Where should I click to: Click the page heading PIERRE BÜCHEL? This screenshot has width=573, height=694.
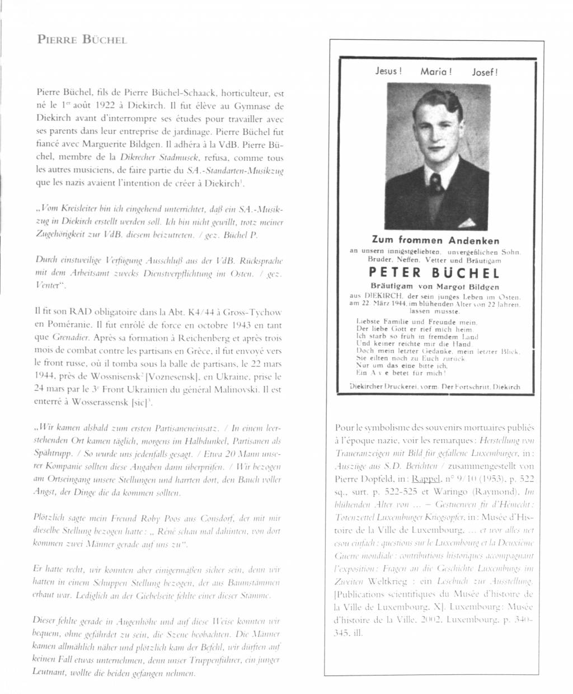pyautogui.click(x=82, y=40)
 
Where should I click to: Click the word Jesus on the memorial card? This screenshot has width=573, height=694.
pyautogui.click(x=388, y=71)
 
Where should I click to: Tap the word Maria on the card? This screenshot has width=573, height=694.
pyautogui.click(x=436, y=72)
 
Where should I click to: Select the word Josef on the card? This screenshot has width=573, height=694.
pyautogui.click(x=485, y=72)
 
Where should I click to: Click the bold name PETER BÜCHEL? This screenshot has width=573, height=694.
pyautogui.click(x=434, y=273)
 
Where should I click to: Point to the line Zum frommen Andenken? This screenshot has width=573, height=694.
pyautogui.click(x=435, y=240)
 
